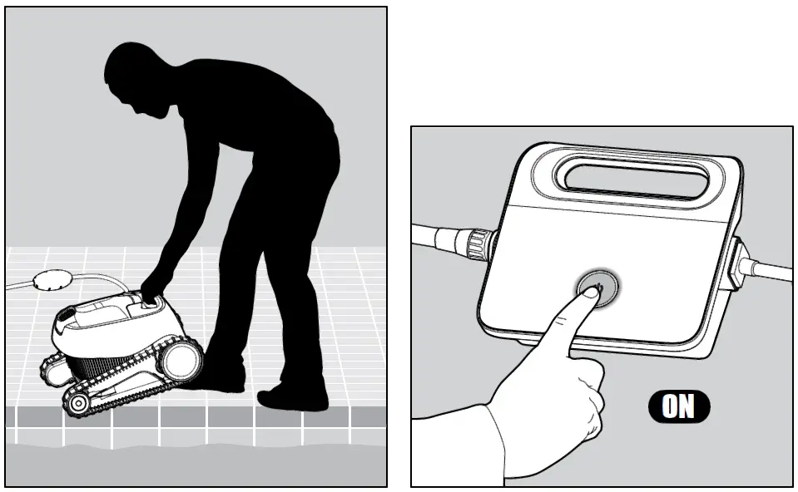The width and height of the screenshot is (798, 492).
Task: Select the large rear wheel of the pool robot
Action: (181, 359)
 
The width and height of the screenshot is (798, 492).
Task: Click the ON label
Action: (678, 406)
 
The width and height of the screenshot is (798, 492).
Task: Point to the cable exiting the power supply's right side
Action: (770, 269)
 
